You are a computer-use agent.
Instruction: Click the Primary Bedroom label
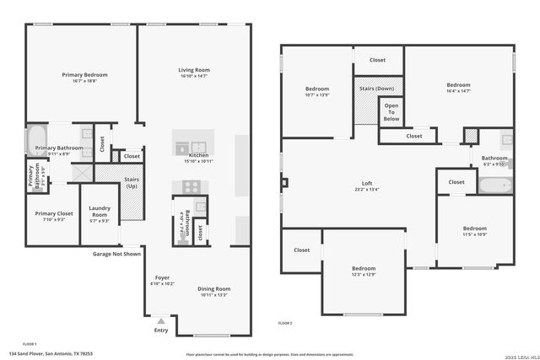(84, 74)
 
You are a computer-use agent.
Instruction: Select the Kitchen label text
(198, 155)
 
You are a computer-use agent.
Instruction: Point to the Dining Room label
(214, 288)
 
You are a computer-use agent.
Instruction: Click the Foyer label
(162, 277)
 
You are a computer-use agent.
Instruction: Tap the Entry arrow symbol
(160, 321)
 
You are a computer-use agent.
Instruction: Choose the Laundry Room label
(100, 214)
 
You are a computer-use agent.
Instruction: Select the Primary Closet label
(51, 213)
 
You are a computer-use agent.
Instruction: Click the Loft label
(367, 183)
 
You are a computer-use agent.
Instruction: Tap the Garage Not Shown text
(118, 253)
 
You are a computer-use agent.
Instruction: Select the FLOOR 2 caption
(286, 323)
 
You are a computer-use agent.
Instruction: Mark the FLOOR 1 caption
(30, 344)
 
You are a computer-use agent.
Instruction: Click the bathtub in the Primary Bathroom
(35, 140)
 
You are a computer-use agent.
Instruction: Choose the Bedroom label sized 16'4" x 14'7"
(458, 85)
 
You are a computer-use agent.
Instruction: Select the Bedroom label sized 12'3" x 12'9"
(363, 268)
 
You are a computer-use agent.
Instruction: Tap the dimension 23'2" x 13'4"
(367, 190)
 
